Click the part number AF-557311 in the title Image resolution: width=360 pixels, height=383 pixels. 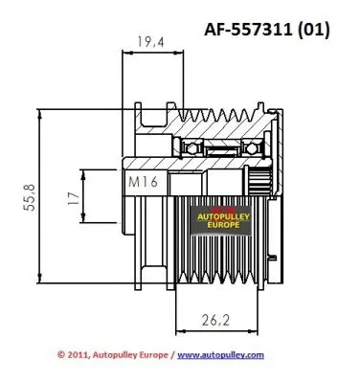click(x=247, y=29)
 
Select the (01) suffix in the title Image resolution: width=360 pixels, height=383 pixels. click(x=311, y=29)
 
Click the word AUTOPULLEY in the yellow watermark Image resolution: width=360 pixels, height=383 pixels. click(x=226, y=217)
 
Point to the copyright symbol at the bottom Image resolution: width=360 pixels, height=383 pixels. click(x=59, y=354)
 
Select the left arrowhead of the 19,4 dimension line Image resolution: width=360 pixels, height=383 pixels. click(x=124, y=56)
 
